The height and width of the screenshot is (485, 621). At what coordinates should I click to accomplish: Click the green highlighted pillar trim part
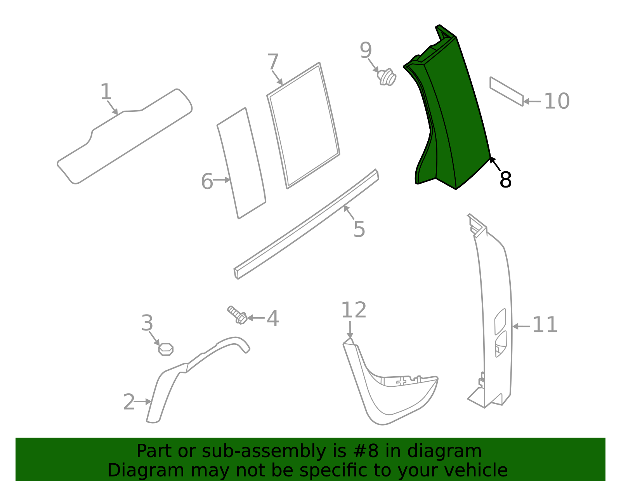click(x=454, y=116)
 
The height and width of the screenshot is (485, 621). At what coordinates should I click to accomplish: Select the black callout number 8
click(x=505, y=180)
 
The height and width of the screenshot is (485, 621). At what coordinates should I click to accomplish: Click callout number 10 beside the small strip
click(x=556, y=101)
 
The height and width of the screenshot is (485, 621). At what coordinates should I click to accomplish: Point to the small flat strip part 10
click(x=507, y=92)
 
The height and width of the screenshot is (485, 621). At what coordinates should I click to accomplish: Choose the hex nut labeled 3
click(x=166, y=349)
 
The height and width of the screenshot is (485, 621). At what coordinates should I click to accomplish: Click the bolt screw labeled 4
click(x=238, y=315)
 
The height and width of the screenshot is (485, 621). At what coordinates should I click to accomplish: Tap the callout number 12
click(x=354, y=310)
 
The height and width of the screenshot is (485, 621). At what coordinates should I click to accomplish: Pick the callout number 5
click(x=359, y=229)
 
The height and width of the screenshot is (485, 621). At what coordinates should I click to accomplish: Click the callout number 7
click(x=273, y=62)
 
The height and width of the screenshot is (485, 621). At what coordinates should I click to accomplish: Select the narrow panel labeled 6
click(x=241, y=163)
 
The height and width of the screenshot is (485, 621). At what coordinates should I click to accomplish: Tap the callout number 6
click(x=207, y=181)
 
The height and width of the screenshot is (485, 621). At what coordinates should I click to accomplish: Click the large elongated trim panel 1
click(x=124, y=136)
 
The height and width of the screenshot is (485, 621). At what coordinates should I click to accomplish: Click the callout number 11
click(x=545, y=325)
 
